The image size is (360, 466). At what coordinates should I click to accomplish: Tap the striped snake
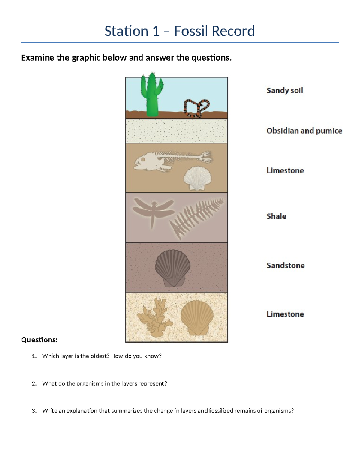[196, 107]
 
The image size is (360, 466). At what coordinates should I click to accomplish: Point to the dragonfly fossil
[153, 210]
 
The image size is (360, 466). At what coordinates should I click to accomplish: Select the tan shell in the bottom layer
[197, 317]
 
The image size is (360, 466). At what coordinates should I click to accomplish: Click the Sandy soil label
[285, 90]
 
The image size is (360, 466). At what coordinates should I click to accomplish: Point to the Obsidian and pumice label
[304, 131]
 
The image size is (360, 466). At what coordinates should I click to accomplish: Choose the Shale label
[276, 216]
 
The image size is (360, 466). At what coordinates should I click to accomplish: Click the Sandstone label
[286, 265]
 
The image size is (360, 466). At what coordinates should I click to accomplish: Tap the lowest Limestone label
[285, 314]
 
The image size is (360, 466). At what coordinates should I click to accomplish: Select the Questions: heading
[39, 340]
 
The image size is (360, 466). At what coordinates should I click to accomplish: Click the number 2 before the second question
[34, 383]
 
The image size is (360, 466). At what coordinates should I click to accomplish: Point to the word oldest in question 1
[100, 356]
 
